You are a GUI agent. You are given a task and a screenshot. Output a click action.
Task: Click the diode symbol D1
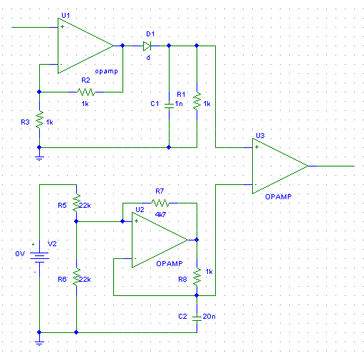147,46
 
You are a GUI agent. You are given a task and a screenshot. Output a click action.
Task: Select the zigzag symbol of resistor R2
86,92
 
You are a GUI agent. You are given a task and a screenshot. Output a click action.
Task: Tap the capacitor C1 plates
169,105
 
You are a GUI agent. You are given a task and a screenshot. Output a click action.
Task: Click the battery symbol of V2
39,258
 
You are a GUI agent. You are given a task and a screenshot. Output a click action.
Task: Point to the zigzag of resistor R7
160,203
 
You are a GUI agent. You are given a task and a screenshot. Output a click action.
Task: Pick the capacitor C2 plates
197,318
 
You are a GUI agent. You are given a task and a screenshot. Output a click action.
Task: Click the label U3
260,136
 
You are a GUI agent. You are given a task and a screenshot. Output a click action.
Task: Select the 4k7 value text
160,215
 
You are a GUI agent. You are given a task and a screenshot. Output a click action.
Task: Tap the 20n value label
209,317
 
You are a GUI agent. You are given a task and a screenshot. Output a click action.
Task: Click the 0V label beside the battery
20,254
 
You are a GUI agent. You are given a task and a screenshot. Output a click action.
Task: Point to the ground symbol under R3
39,158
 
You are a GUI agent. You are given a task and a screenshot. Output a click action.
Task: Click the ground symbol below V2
39,343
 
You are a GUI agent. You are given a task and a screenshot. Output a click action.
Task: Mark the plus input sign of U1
62,26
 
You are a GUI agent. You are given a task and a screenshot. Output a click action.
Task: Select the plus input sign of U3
256,147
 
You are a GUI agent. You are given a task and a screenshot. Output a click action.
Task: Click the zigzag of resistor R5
76,203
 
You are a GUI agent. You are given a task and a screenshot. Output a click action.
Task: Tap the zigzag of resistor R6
76,277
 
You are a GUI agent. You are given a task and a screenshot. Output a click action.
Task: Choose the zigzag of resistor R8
197,277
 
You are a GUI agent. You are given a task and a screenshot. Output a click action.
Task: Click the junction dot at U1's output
123,46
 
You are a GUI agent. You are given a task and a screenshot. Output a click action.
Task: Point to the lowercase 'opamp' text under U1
106,71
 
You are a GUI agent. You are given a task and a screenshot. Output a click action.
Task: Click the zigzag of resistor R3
39,120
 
